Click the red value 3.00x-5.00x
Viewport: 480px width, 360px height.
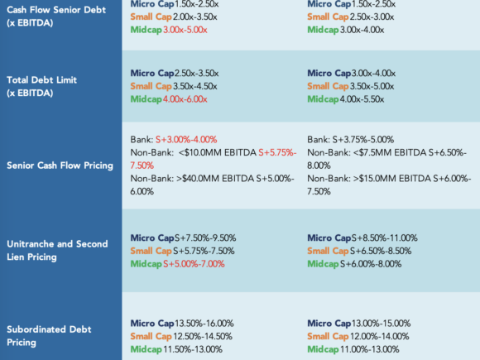pyautogui.click(x=185, y=30)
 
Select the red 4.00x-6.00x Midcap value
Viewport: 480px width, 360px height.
pyautogui.click(x=185, y=99)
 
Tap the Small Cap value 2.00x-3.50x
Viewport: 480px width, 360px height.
pyautogui.click(x=195, y=17)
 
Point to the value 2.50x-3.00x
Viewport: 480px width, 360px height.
pyautogui.click(x=372, y=17)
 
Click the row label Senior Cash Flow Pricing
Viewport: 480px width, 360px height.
pyautogui.click(x=60, y=166)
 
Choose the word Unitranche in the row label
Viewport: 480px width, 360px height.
pyautogui.click(x=31, y=244)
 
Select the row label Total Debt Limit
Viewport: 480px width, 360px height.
pyautogui.click(x=41, y=80)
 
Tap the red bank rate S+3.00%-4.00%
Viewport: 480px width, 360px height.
pyautogui.click(x=186, y=140)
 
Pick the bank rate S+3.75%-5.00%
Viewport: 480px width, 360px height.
pyautogui.click(x=363, y=140)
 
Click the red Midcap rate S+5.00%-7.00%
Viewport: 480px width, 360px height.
pyautogui.click(x=194, y=264)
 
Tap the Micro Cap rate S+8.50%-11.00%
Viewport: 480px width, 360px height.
pyautogui.click(x=385, y=238)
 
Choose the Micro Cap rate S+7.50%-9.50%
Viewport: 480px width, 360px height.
pyautogui.click(x=205, y=238)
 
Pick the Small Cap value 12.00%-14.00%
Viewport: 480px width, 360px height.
pyautogui.click(x=380, y=336)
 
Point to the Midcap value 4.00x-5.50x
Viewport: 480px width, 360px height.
pyautogui.click(x=362, y=99)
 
